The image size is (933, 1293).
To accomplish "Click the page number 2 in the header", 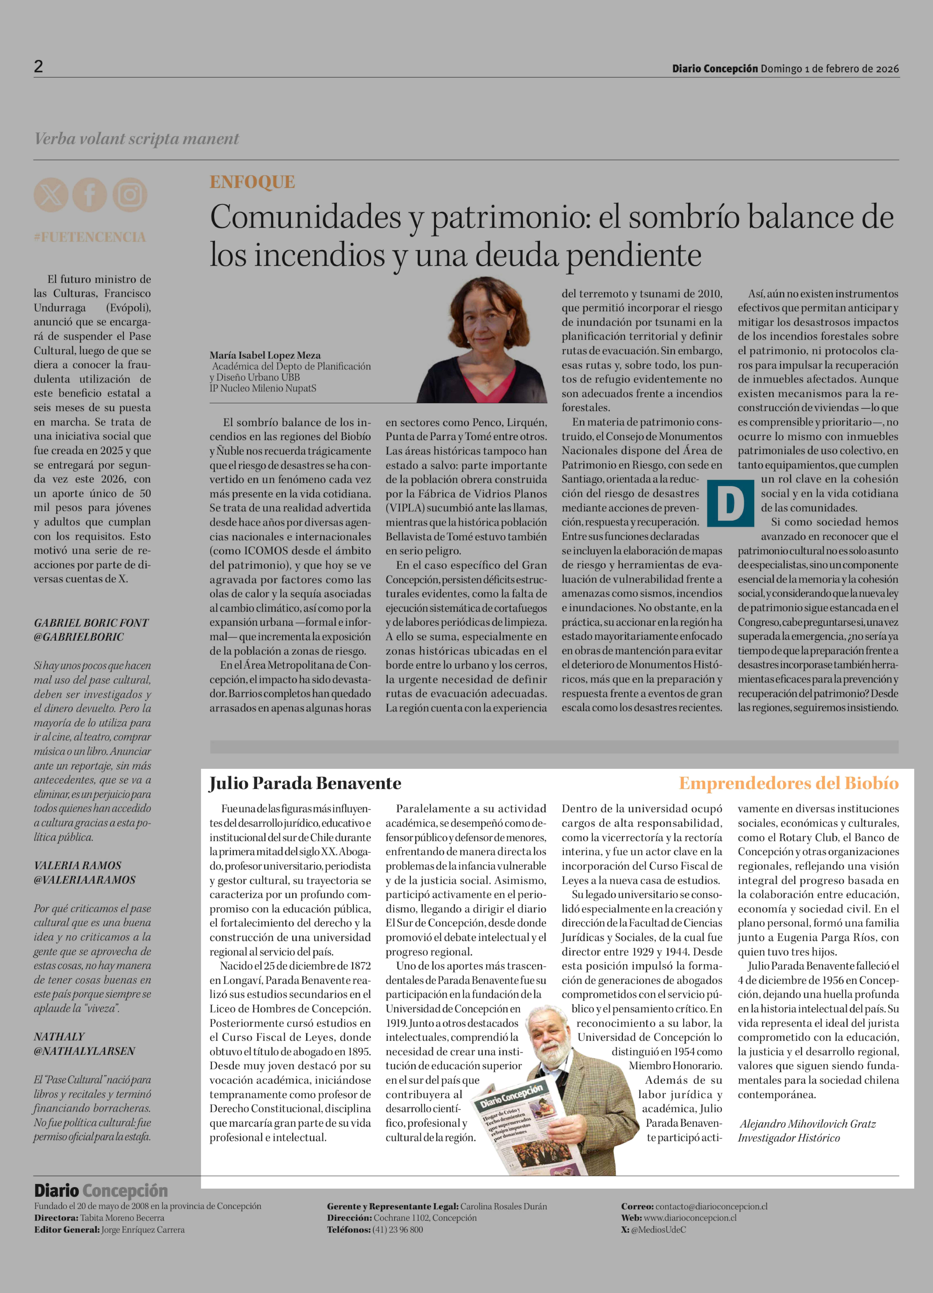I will tap(38, 67).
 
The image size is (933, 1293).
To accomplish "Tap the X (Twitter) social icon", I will tap(51, 195).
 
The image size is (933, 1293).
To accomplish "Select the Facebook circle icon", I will tap(90, 195).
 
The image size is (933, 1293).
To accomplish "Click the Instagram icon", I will tap(130, 195).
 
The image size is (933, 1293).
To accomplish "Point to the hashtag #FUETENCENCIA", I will tap(90, 237).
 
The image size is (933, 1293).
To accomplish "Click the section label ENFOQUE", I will tap(252, 182).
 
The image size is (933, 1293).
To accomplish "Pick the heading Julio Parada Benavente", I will tap(305, 783).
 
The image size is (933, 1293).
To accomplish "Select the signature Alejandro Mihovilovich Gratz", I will tap(808, 1124).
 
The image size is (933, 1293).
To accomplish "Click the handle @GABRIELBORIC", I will tap(79, 637).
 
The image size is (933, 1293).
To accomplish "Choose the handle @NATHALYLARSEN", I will tap(84, 1051).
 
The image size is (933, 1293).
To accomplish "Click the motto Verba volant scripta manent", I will tap(137, 139).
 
